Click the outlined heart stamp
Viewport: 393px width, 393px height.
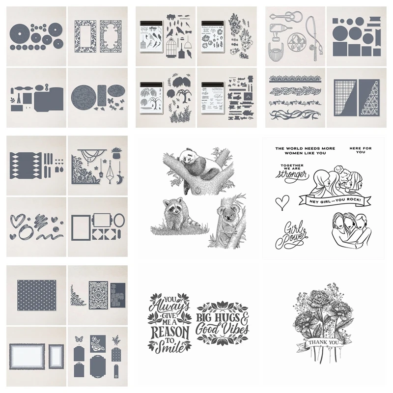[x=281, y=201]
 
